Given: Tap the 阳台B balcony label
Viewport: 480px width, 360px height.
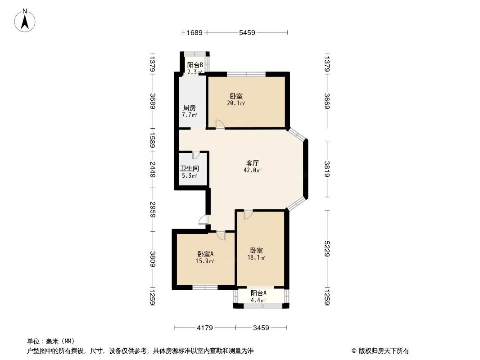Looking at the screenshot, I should click(x=195, y=65).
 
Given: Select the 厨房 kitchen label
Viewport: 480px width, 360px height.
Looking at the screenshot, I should click(x=189, y=108).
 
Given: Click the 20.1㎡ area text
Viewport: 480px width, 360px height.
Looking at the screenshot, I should click(x=236, y=103).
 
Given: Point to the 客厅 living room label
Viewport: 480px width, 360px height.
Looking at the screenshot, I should click(x=252, y=163).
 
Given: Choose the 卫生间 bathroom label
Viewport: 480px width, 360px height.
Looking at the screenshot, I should click(x=190, y=169).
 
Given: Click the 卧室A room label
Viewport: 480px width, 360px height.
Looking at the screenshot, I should click(x=205, y=254).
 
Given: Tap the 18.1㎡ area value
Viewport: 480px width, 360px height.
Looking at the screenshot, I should click(x=256, y=258).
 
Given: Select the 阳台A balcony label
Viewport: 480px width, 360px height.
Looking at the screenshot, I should click(x=258, y=293).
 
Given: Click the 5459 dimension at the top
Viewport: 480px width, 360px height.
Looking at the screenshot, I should click(x=247, y=32).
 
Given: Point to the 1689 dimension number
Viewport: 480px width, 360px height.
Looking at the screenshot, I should click(x=195, y=32).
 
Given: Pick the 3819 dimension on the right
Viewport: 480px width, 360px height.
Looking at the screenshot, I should click(x=327, y=169).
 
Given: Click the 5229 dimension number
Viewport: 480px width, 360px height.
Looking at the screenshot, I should click(x=327, y=248).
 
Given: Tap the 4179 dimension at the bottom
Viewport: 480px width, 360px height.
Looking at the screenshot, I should click(x=204, y=328).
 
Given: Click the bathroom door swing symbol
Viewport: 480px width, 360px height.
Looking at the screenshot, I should click(x=195, y=156).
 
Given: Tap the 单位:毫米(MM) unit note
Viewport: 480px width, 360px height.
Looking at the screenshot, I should click(x=51, y=341).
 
